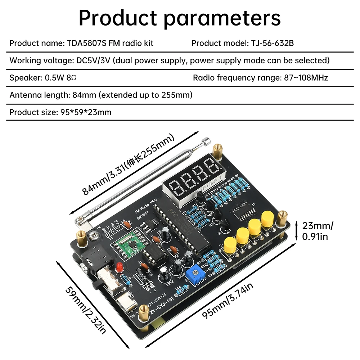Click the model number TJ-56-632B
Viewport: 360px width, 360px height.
click(x=270, y=43)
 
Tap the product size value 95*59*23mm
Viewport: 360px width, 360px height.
click(x=84, y=112)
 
